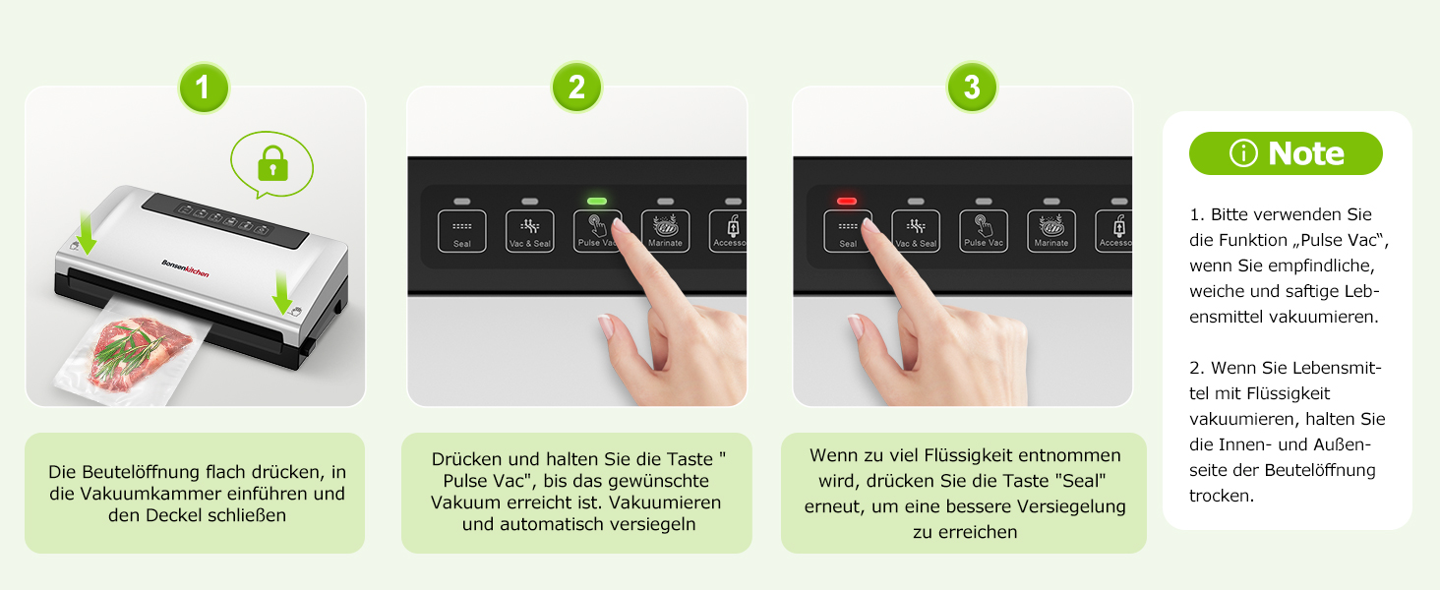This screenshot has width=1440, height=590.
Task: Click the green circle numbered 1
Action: [x=204, y=88]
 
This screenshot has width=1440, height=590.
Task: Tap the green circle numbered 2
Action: [x=576, y=88]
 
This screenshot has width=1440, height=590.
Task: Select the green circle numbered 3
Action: [x=972, y=88]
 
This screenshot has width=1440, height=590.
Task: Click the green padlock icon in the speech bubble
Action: [x=272, y=163]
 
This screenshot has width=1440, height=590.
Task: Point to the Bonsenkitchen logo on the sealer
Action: [x=185, y=268]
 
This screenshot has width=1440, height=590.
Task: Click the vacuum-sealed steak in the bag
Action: [x=139, y=353]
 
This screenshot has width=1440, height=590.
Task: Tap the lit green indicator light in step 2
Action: [x=597, y=202]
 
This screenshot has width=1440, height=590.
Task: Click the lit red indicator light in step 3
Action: [x=847, y=202]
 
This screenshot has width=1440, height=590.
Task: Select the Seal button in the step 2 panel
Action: [x=461, y=231]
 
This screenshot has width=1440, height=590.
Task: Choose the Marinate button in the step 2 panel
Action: [x=665, y=231]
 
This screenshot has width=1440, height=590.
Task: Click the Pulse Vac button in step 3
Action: [x=984, y=231]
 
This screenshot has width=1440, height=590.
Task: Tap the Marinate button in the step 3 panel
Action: [x=1051, y=231]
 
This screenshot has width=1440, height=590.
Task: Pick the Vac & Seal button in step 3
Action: [x=916, y=231]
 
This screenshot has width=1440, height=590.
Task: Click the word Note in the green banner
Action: [x=1305, y=153]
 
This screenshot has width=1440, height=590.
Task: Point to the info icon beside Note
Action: [x=1243, y=153]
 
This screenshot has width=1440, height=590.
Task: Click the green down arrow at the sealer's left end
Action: [x=87, y=232]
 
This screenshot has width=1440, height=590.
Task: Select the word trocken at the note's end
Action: [x=1220, y=496]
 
